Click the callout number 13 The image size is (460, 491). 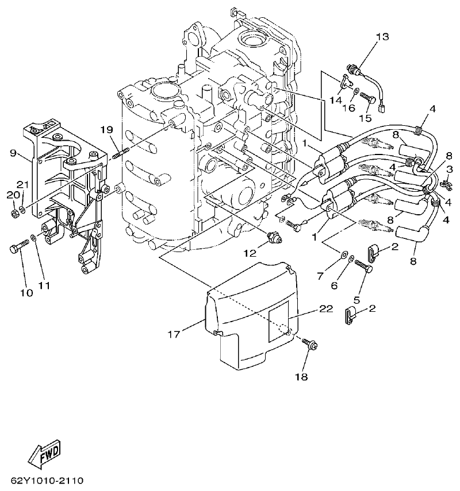tap(382, 37)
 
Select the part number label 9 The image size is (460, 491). tap(13, 153)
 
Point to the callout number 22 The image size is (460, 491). tap(326, 309)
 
